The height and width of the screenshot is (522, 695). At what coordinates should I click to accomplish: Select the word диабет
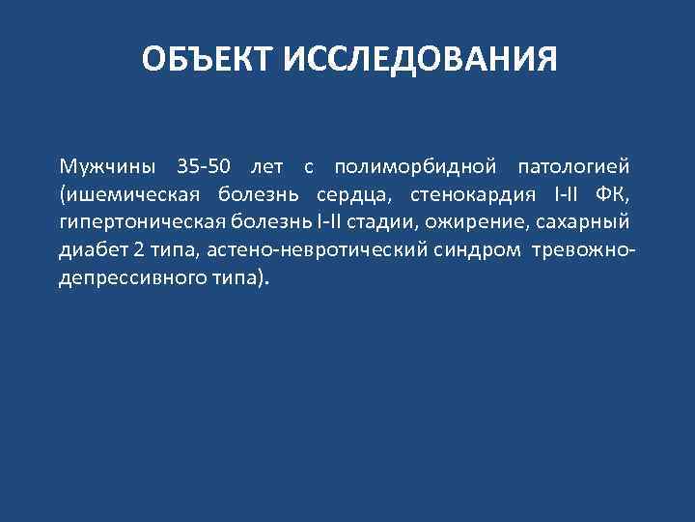[x=92, y=249]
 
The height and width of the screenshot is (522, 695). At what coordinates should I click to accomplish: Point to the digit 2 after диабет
[x=138, y=249]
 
